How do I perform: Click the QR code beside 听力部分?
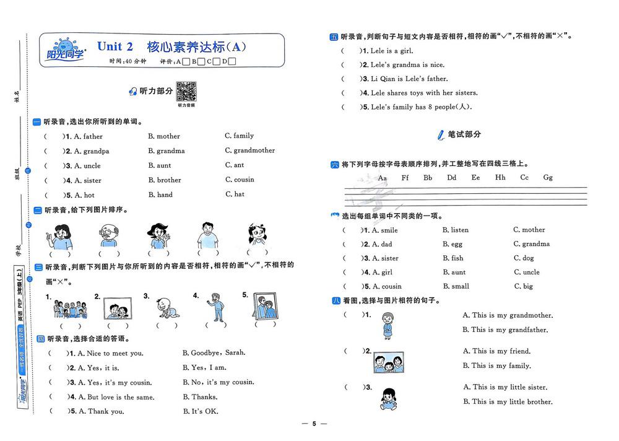coord(186,91)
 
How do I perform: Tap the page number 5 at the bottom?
coord(314,424)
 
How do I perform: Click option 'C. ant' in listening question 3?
coord(235,165)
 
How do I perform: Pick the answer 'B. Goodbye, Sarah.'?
coord(214,353)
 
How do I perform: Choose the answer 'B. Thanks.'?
coord(200,397)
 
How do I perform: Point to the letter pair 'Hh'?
coord(500,178)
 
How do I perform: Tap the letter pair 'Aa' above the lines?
coord(383,178)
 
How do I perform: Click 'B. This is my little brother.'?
coord(508,402)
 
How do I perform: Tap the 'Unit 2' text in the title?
coord(115,46)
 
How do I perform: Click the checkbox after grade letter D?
coord(233,61)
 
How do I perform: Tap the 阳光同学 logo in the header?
coord(65,50)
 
